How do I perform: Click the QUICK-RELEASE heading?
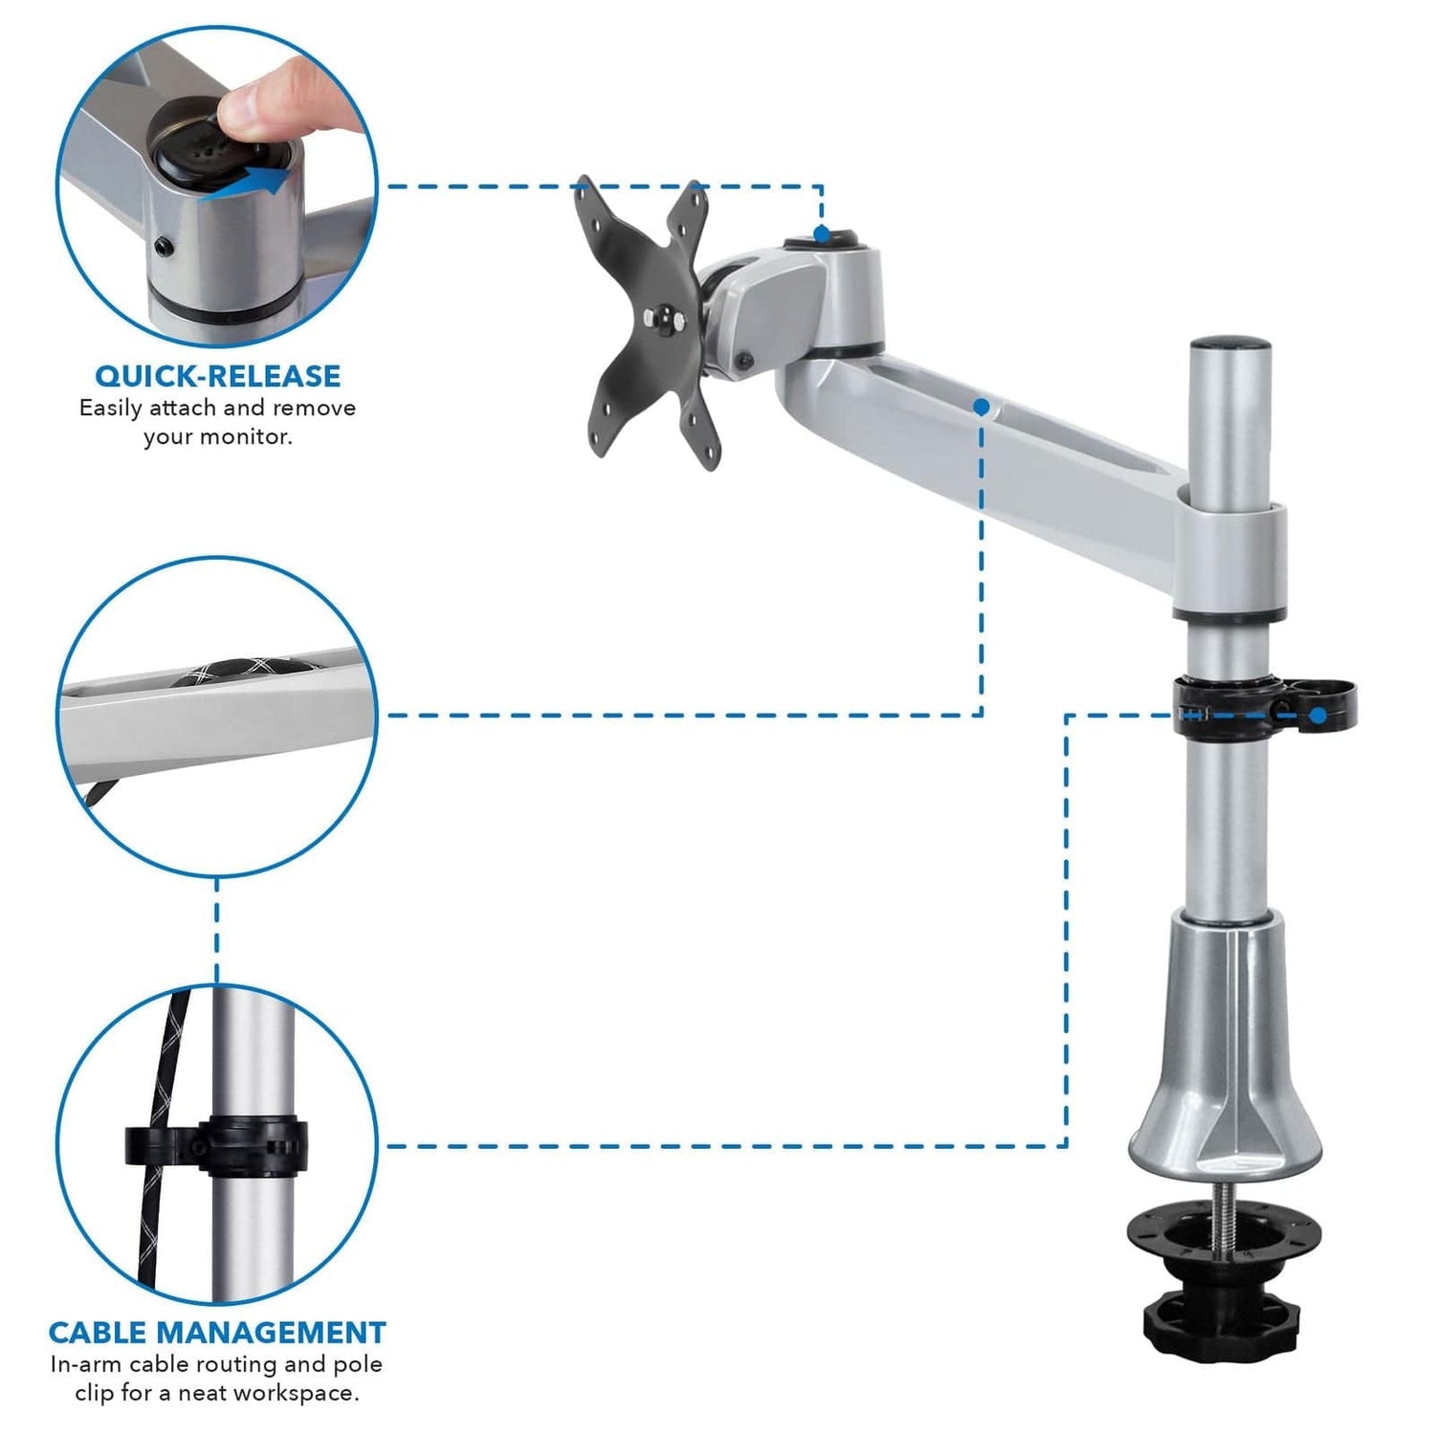point(217,375)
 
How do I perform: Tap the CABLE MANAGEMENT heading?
point(217,1332)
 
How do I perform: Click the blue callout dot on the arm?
point(981,407)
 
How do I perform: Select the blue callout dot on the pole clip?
point(1318,715)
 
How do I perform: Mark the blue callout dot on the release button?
point(821,233)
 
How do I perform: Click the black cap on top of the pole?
point(1230,342)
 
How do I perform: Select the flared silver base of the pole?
point(1225,1071)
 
